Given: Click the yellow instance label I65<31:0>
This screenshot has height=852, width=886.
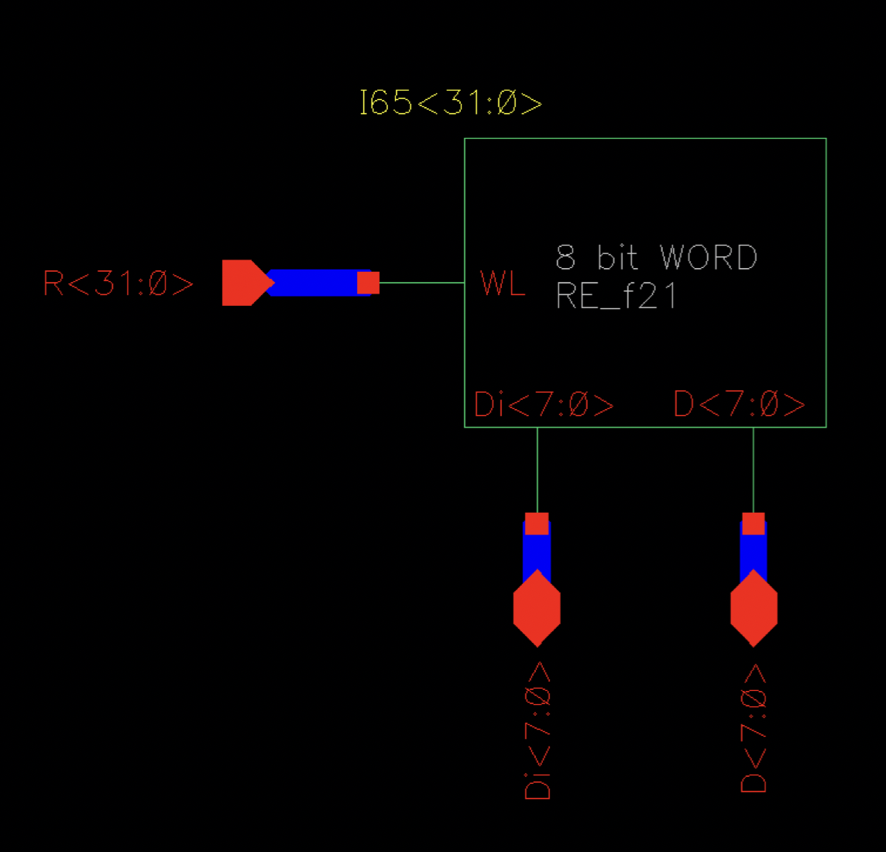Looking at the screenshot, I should click(451, 103).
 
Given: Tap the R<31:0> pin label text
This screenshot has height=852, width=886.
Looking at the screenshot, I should click(118, 284).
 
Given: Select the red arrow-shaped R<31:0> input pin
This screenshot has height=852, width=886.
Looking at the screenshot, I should click(243, 283).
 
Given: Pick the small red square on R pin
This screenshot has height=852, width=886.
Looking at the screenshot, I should click(368, 283).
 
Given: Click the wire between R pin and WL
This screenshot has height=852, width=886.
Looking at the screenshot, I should click(422, 283).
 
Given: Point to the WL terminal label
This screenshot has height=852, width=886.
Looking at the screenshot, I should click(503, 283).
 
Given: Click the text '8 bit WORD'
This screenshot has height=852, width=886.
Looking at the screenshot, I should click(656, 258).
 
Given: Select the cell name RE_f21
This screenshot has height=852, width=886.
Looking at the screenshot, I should click(616, 297).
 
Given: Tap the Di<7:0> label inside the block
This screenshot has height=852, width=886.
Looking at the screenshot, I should click(544, 404).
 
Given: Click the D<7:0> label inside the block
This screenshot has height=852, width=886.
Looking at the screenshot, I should click(739, 404).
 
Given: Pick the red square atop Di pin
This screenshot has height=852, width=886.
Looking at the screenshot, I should click(537, 524).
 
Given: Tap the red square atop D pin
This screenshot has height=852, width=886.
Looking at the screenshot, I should click(754, 524).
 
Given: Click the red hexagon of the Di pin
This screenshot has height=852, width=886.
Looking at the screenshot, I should click(537, 608).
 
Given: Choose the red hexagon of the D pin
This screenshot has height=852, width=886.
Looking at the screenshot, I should click(754, 608).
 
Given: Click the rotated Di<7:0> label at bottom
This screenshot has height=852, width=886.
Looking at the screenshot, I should click(537, 730).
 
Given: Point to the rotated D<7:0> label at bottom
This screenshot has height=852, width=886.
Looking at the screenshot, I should click(754, 728).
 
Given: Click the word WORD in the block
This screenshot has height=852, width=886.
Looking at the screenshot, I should click(708, 258).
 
